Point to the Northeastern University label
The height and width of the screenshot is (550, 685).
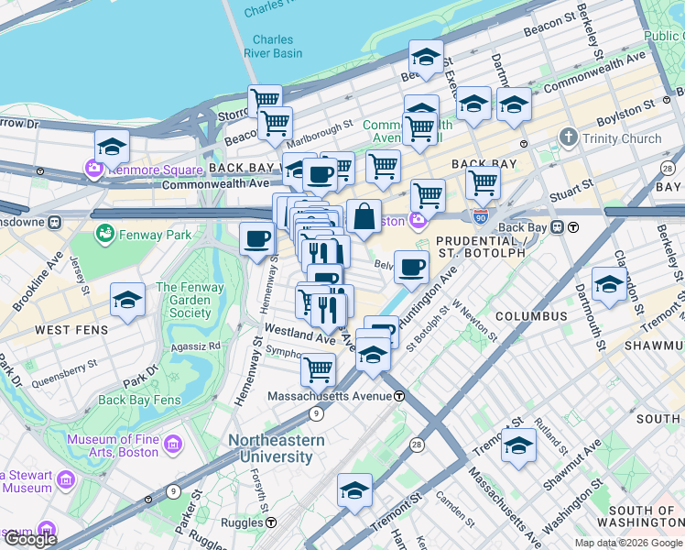click(276, 448)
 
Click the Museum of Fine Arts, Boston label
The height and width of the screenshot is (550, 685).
click(113, 445)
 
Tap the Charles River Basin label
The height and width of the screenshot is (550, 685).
click(273, 46)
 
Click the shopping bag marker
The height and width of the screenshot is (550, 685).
click(364, 217)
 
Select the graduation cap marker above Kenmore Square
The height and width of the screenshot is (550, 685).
click(112, 147)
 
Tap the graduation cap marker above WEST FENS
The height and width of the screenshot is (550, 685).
click(127, 299)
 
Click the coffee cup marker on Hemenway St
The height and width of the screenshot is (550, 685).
click(256, 239)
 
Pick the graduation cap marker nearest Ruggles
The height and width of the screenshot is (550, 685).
click(354, 489)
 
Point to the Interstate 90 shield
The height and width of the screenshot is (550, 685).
click(481, 216)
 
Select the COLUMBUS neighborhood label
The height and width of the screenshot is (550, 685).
click(531, 316)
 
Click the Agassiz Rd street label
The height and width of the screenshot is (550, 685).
click(201, 346)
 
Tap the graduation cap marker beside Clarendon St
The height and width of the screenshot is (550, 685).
click(609, 283)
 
